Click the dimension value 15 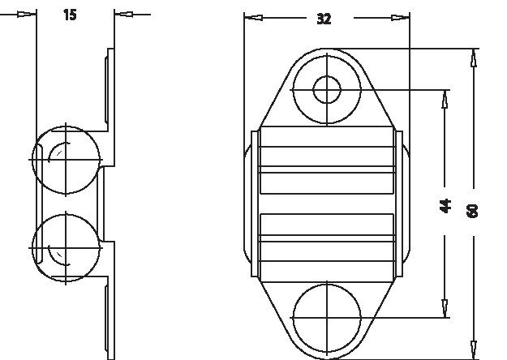[70, 15]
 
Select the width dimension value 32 [324, 19]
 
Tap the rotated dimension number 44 [445, 204]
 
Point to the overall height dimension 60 [473, 209]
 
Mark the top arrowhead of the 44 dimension [445, 98]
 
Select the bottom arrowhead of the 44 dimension [445, 308]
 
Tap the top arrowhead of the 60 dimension [474, 58]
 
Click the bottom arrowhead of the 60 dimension [474, 349]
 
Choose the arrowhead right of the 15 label [122, 14]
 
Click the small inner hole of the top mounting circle [327, 89]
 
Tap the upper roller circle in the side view [66, 159]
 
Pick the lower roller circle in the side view [66, 248]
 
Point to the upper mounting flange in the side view [110, 89]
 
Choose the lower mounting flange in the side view [110, 316]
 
